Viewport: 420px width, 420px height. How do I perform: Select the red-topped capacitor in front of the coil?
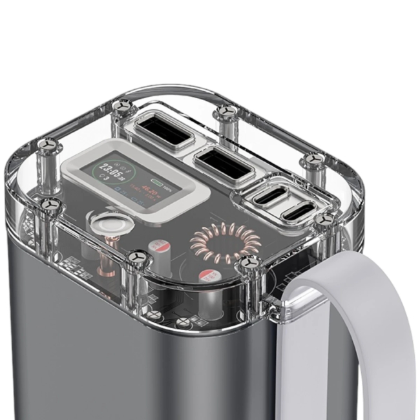210,275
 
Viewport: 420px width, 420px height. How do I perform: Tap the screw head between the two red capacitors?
138,257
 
